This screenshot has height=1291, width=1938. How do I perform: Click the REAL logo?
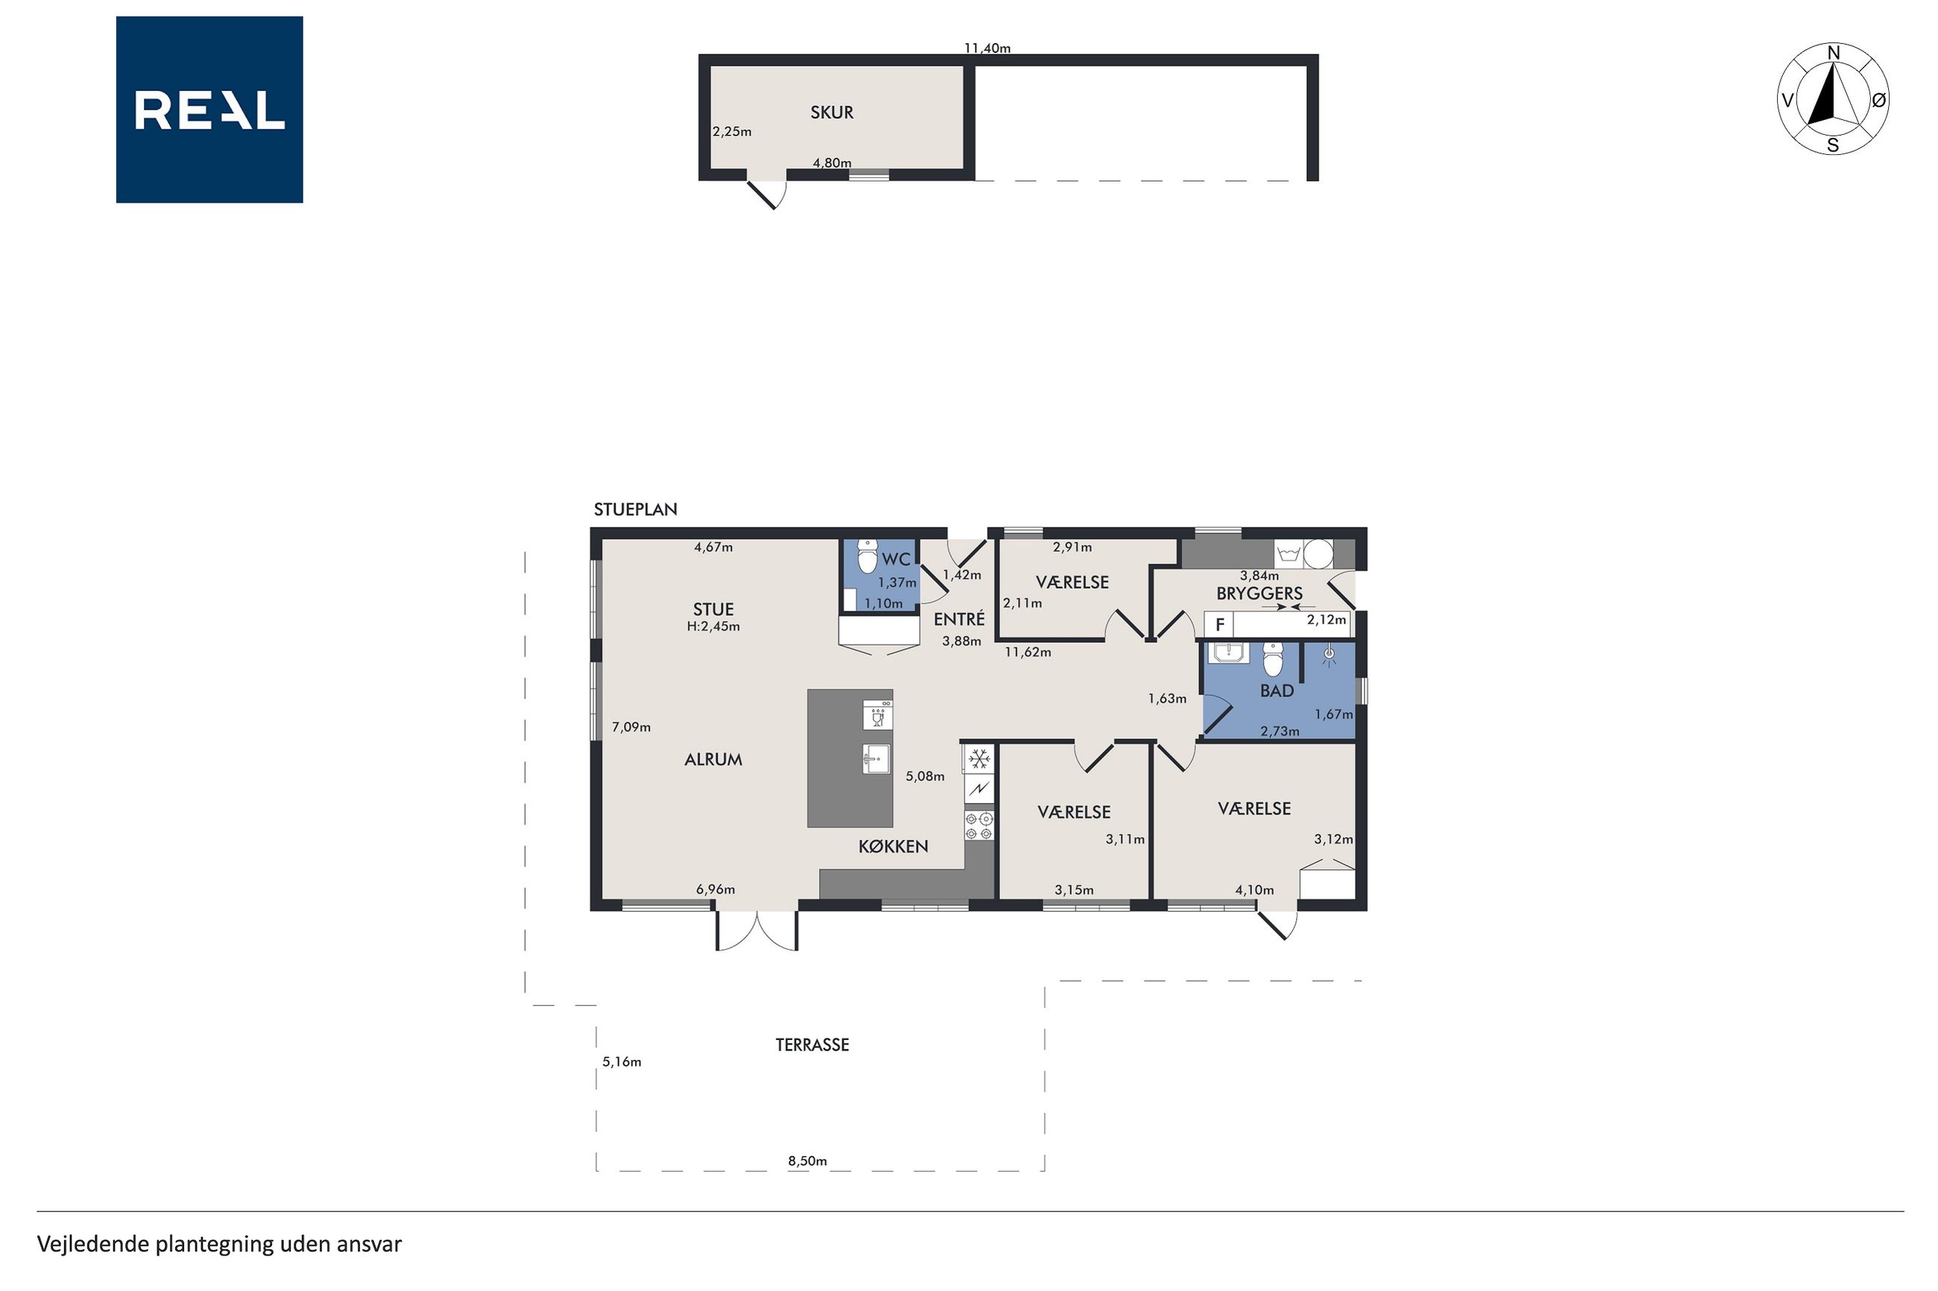pos(209,110)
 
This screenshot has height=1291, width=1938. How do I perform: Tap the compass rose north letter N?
pos(1834,54)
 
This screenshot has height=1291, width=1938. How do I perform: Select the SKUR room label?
pos(832,112)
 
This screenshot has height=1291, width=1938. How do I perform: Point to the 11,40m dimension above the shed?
pos(988,48)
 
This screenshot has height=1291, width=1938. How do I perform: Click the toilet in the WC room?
pos(868,556)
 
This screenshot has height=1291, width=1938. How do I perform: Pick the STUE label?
pos(713,609)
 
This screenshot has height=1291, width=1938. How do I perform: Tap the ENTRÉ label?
pos(959,619)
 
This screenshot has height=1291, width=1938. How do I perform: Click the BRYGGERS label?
pos(1260,593)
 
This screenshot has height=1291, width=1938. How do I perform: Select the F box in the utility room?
pos(1219,625)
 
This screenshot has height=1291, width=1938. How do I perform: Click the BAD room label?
pos(1277,691)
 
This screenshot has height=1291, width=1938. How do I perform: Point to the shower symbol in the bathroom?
pos(1328,656)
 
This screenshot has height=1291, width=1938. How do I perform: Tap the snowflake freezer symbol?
pos(979,758)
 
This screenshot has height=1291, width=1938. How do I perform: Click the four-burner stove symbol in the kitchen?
pos(979,826)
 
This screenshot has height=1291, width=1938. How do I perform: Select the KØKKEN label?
pos(893,846)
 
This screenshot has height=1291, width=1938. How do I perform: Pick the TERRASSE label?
pos(812,1045)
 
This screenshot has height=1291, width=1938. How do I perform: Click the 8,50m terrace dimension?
pos(807,1161)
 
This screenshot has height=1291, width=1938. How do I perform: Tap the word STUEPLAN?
pos(636,510)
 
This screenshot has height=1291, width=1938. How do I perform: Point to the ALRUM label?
pos(713,760)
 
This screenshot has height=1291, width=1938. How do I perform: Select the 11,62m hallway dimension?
pos(1028,652)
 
